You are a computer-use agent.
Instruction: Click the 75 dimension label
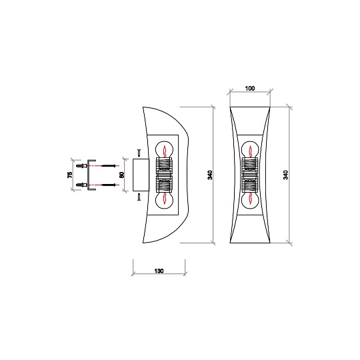coord(71,175)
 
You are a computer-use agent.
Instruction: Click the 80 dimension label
coord(121,175)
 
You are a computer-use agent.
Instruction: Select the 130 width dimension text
coord(159,271)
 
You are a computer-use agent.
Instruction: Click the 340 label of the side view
coord(210,175)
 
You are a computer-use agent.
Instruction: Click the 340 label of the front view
coord(286,175)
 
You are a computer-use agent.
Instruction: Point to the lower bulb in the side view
coord(164,200)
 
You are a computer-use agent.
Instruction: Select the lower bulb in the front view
coord(250,200)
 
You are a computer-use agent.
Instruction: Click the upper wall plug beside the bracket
coord(82,166)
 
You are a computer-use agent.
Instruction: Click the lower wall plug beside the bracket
coord(82,184)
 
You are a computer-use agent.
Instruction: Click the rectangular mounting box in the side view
coord(141,175)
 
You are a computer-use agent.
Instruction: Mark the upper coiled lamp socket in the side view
coord(164,166)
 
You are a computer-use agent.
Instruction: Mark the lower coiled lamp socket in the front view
coord(250,185)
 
